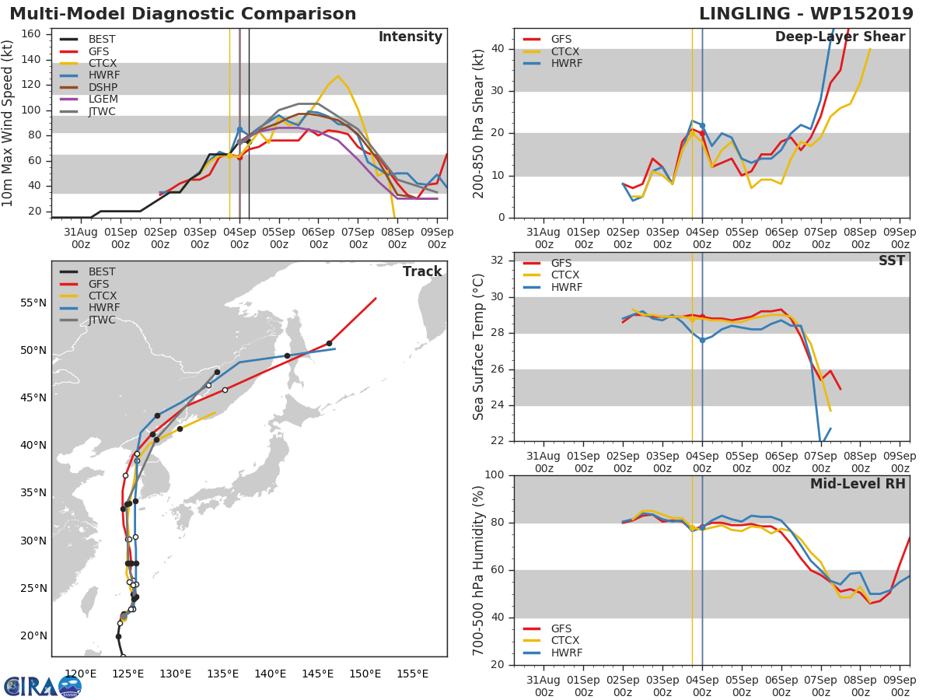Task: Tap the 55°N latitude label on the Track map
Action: (33, 303)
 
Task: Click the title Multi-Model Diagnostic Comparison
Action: (183, 14)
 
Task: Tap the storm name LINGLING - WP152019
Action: (806, 14)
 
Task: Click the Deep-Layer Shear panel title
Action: (840, 37)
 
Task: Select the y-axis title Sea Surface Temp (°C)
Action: (479, 347)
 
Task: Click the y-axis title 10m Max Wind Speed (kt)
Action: (9, 123)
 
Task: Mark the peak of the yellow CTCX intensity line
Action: (337, 76)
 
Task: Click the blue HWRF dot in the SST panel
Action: (702, 340)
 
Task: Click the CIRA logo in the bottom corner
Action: (43, 686)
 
